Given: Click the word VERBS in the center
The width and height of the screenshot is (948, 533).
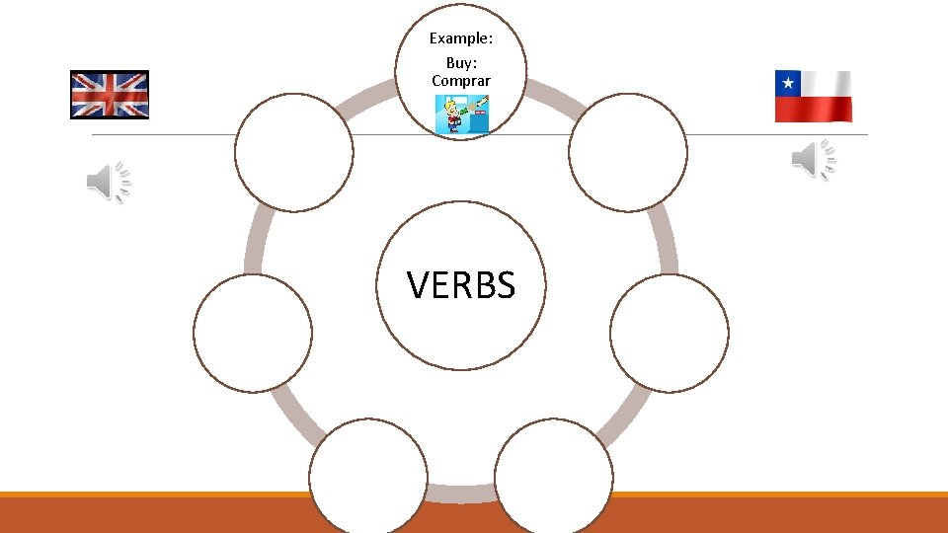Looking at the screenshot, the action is [x=461, y=286].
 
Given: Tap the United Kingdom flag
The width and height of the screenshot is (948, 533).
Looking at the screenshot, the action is [x=110, y=95].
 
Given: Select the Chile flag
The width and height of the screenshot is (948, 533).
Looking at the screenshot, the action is [x=813, y=96].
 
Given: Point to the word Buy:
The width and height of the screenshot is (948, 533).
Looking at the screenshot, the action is [x=461, y=62].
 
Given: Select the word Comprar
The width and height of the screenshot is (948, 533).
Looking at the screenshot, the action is [x=461, y=79].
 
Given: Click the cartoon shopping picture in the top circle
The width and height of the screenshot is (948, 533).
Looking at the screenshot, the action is [x=462, y=114].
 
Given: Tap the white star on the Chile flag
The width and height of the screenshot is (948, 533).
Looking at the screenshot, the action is [x=788, y=83].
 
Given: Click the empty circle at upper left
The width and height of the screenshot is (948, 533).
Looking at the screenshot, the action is [x=294, y=152].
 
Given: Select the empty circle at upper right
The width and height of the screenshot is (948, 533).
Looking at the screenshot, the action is [x=628, y=152].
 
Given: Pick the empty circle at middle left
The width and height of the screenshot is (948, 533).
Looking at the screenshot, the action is [x=253, y=333].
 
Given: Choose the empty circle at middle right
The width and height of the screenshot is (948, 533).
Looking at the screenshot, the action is [x=670, y=333].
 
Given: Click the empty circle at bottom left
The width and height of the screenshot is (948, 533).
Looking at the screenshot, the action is [x=368, y=478].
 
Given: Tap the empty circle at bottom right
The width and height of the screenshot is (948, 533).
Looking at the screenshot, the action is [x=554, y=478].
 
